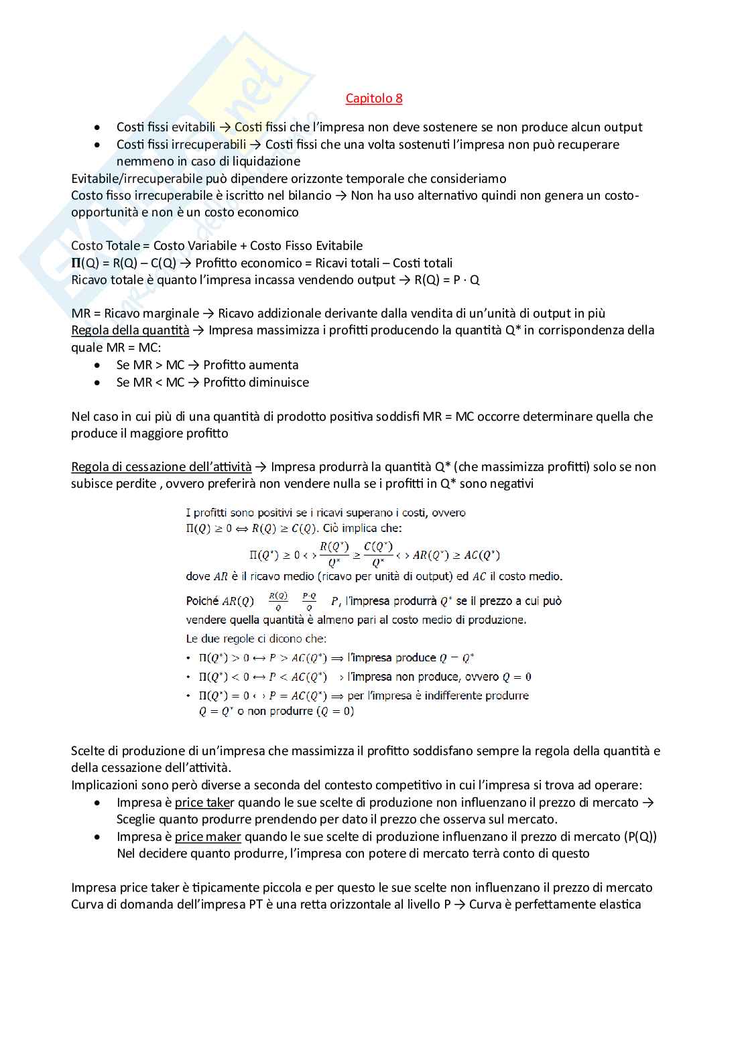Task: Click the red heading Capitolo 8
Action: pos(374,98)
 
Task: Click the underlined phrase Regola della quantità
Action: pos(130,330)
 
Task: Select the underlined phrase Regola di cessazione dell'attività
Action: pos(161,467)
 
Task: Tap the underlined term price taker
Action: pos(204,803)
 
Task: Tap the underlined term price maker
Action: pos(208,837)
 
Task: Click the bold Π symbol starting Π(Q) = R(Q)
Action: pos(76,263)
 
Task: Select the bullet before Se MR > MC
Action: pos(99,365)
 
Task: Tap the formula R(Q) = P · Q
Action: pos(447,280)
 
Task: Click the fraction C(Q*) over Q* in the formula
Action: pos(378,554)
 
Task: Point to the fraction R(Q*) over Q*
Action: pos(334,554)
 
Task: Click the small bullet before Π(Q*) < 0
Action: pos(189,677)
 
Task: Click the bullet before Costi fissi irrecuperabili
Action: pos(99,145)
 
